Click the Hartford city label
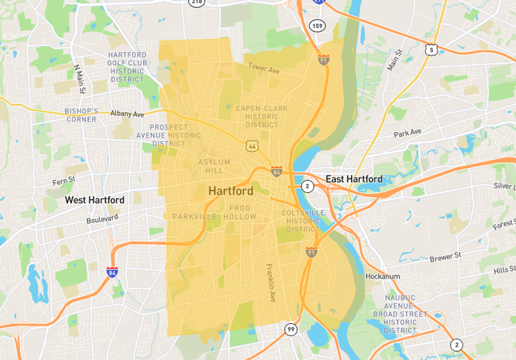230,192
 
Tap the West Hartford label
94,199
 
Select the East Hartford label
354,178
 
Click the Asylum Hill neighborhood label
214,166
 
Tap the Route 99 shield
291,329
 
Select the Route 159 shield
317,26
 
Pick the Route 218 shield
196,2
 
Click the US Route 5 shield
431,50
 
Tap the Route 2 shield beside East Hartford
306,186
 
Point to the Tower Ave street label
263,68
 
